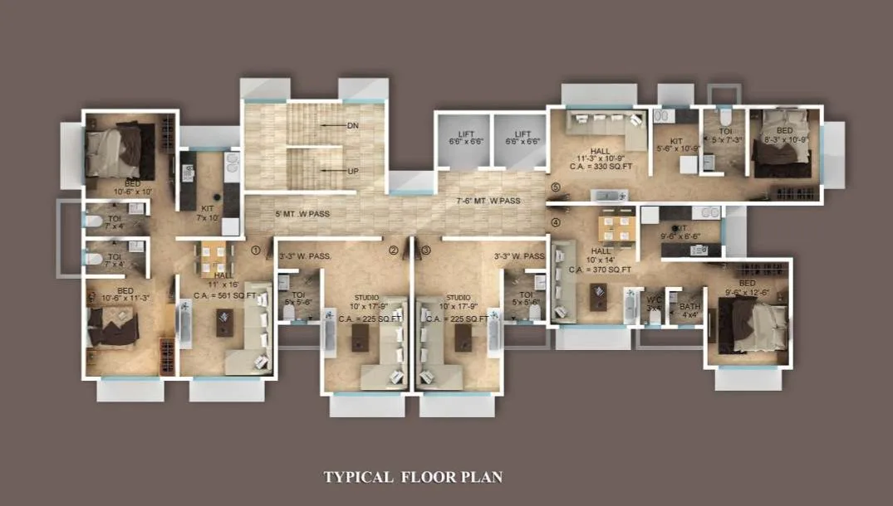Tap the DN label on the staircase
(353, 125)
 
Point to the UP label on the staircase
(353, 171)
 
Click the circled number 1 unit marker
(256, 249)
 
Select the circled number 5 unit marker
(555, 187)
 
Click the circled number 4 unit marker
(555, 221)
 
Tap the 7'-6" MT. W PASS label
(488, 201)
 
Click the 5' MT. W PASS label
(302, 214)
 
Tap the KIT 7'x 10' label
(204, 214)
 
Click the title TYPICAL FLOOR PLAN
(413, 477)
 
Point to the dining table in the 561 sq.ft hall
(214, 251)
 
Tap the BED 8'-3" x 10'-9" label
(784, 135)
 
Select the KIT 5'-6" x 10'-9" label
(675, 147)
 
